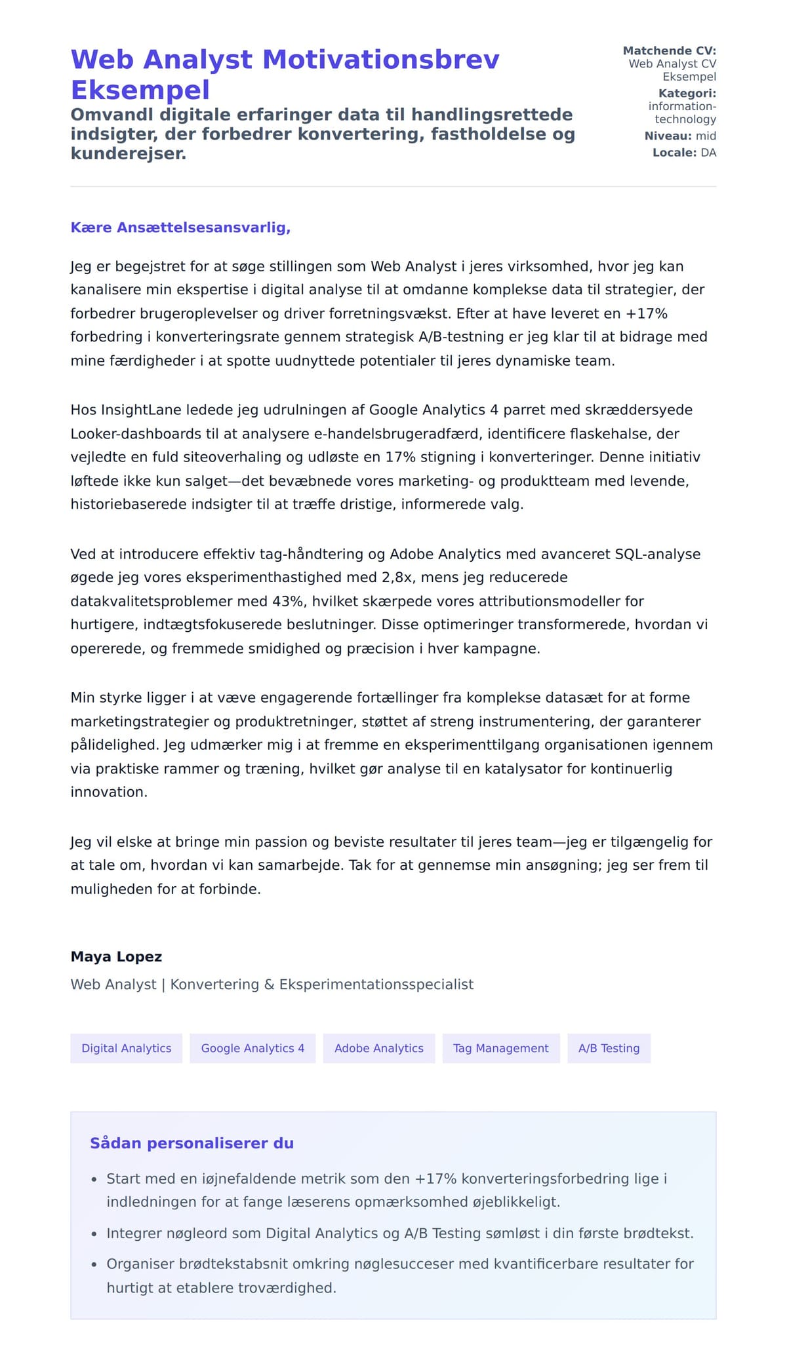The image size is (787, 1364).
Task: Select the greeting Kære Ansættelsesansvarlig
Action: [180, 227]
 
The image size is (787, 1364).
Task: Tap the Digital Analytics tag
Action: [126, 1048]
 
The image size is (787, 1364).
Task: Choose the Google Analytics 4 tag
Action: [252, 1048]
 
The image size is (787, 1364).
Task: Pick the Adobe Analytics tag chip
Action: [378, 1048]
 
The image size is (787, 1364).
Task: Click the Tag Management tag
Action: [500, 1048]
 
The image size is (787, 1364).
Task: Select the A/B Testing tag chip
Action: [609, 1048]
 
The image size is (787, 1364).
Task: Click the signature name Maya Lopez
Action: [116, 956]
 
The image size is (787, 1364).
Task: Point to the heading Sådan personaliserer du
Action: [192, 1143]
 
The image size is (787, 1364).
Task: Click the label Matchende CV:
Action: [669, 50]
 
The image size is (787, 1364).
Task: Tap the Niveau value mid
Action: [706, 136]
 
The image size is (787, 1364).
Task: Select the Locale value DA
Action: [708, 153]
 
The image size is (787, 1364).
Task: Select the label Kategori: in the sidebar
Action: [687, 93]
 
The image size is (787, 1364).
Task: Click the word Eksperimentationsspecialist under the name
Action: [376, 984]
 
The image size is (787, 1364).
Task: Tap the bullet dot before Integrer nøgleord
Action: [94, 1234]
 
